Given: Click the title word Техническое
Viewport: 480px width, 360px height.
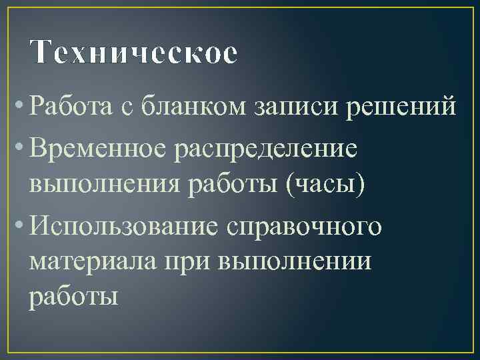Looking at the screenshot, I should (x=133, y=53).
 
